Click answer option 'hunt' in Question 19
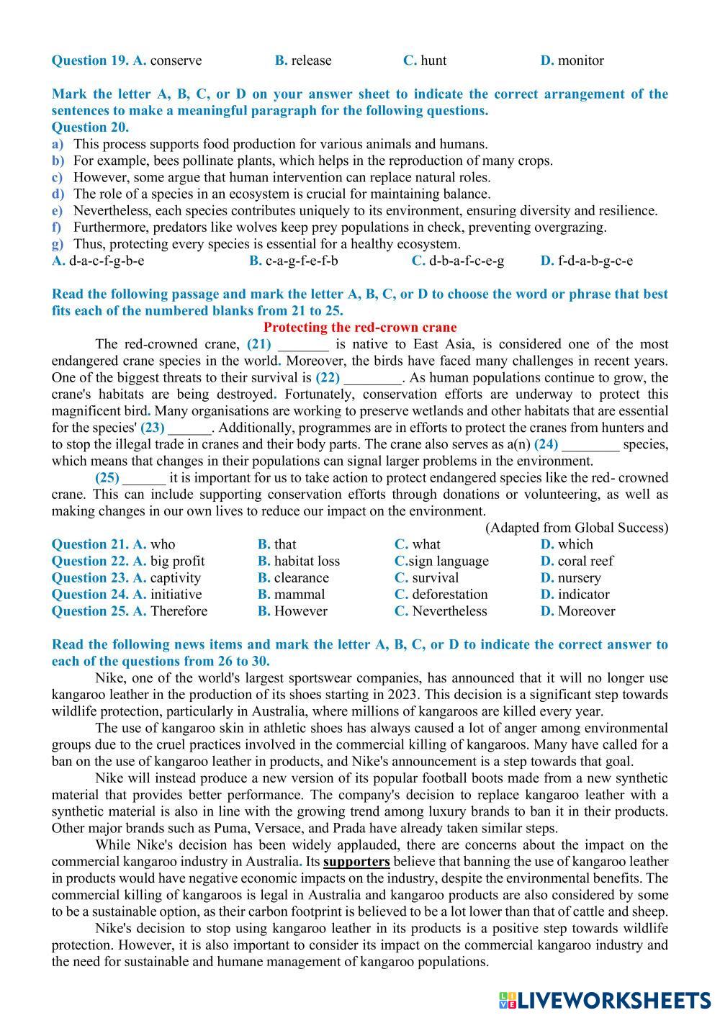pos(433,60)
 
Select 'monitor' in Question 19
pos(580,60)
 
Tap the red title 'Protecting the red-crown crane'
pos(360,328)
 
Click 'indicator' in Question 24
pos(583,594)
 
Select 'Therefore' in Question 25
pos(179,611)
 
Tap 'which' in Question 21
pos(575,544)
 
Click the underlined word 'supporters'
pos(356,861)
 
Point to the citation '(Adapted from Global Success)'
pos(576,528)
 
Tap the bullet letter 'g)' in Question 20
pos(58,244)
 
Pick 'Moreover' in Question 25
pos(586,611)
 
